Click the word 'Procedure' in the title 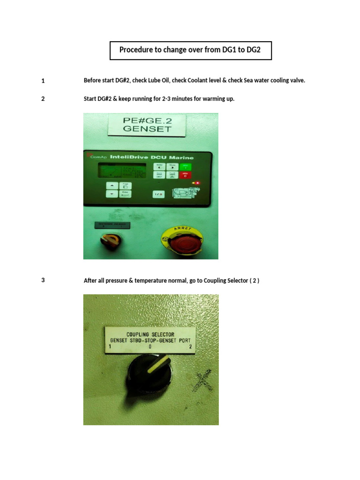tap(136, 50)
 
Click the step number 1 tap(43, 81)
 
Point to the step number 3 tap(43, 281)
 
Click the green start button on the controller tap(186, 167)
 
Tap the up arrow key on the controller tap(111, 186)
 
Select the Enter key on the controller tap(125, 193)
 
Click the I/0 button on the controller tap(158, 193)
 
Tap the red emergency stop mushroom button tap(182, 242)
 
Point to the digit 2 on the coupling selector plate tap(190, 347)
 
